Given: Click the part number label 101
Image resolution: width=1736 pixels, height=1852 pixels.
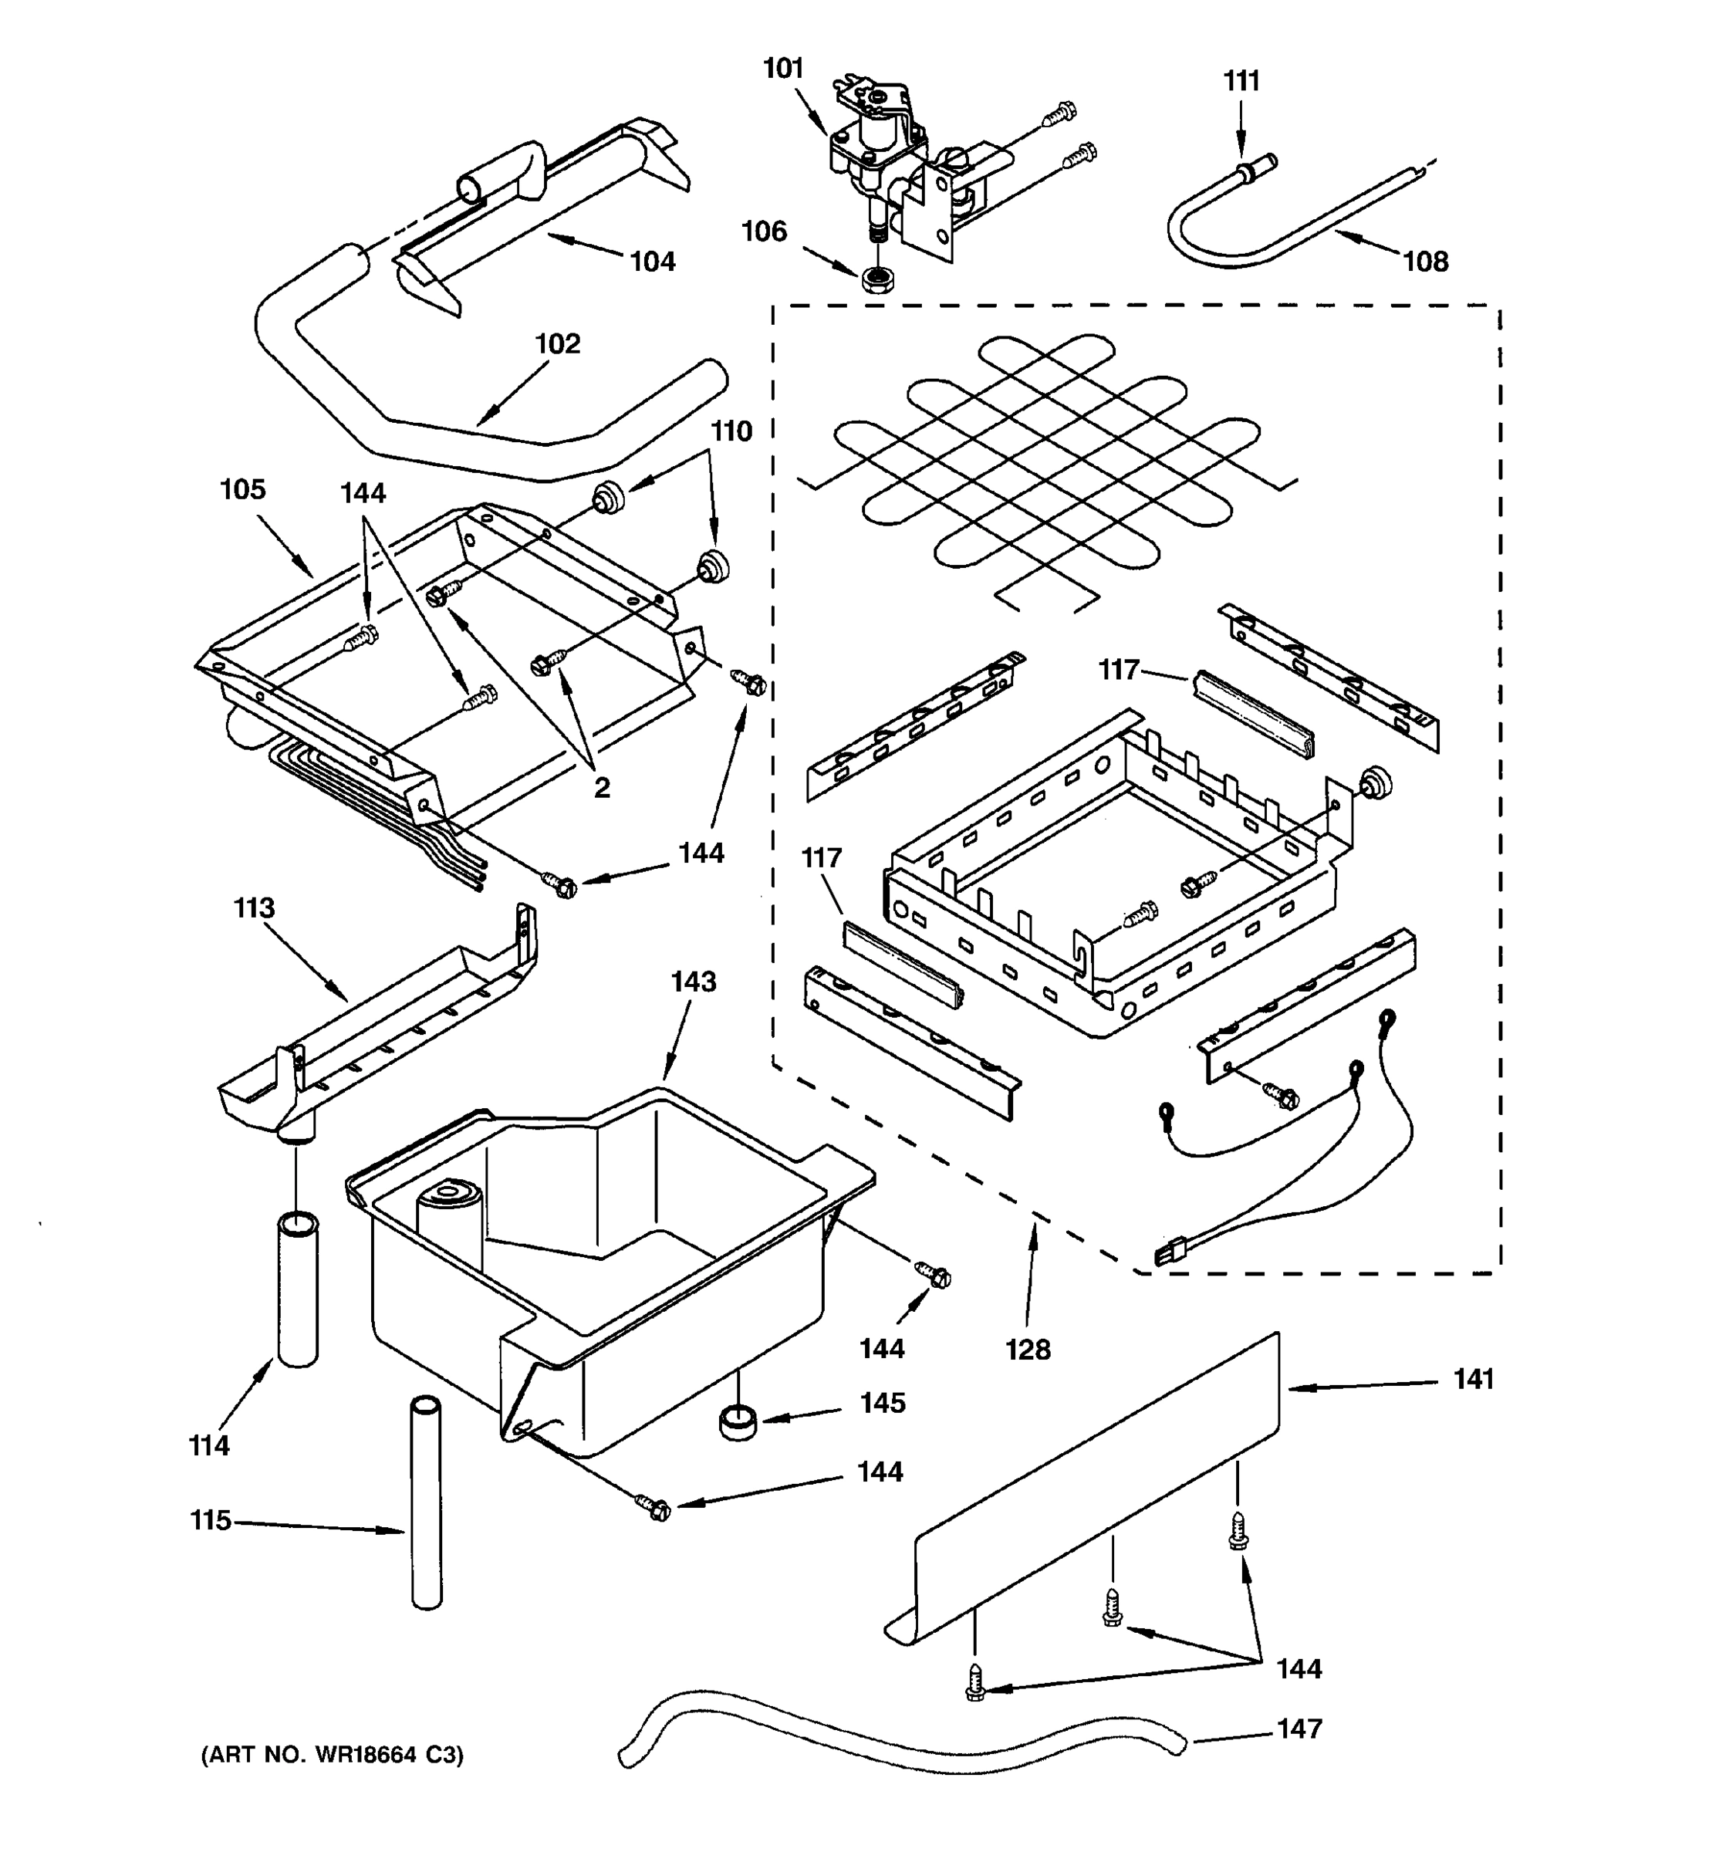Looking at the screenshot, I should (782, 69).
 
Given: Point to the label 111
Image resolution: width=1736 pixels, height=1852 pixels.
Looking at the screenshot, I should (1241, 82).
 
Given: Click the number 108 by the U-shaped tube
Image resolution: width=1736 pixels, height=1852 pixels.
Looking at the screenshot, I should (1425, 262).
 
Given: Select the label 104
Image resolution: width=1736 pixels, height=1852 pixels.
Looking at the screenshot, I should (652, 262).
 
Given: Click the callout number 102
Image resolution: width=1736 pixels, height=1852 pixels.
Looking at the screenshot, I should (557, 343).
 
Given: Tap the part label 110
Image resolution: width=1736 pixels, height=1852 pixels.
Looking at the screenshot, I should (731, 431).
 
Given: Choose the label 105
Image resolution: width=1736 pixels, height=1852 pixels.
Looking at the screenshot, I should (242, 489).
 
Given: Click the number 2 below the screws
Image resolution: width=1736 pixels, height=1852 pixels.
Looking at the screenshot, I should (602, 788).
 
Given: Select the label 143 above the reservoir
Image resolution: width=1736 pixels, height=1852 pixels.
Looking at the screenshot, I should (693, 981).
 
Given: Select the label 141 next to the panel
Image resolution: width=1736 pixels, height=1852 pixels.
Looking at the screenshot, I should (1474, 1379).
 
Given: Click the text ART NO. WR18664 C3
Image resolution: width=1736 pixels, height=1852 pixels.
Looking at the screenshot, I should (333, 1755).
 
